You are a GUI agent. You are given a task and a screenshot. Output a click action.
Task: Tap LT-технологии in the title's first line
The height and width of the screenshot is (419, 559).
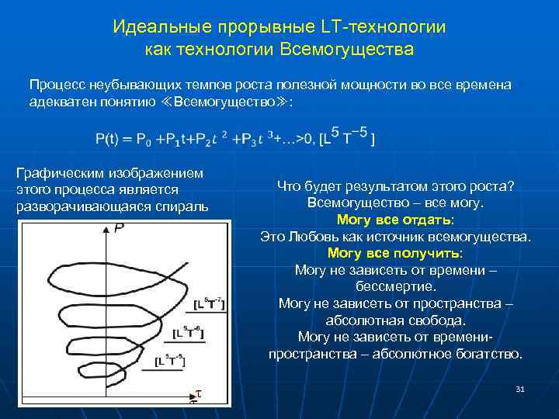[382, 27]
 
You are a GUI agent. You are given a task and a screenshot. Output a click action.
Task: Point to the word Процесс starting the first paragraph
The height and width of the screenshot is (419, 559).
[57, 84]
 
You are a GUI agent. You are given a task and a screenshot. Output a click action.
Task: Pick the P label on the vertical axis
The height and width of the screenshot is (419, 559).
[119, 228]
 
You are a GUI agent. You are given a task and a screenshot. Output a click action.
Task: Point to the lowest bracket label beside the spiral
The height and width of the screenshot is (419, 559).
[170, 360]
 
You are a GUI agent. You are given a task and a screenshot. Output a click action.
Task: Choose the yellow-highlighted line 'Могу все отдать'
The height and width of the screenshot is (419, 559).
[394, 220]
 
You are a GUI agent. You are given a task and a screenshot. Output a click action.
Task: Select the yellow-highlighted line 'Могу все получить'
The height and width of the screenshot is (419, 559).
[394, 253]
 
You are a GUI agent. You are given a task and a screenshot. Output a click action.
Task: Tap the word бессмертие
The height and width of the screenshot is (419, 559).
[394, 286]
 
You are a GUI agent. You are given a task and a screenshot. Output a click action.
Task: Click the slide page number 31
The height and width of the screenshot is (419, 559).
[520, 389]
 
